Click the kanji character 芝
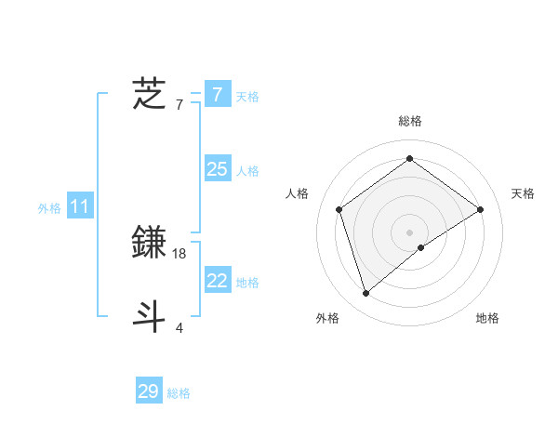pos(150,94)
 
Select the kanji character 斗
pos(150,316)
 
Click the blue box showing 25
pos(218,168)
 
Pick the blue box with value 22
pos(218,281)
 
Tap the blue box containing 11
pos(79,206)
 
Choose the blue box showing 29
pos(149,391)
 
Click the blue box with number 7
pos(218,94)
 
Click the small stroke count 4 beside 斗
pos(179,327)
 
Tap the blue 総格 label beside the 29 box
pos(179,393)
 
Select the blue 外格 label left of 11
pos(49,208)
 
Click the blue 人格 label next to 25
pos(247,170)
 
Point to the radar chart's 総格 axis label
pos(409,121)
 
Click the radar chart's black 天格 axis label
pos(523,193)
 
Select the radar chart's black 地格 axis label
pos(487,318)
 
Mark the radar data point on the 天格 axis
pos(480,209)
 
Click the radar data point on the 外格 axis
pos(366,294)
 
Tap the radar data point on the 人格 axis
pos(339,209)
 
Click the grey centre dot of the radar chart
pos(409,232)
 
